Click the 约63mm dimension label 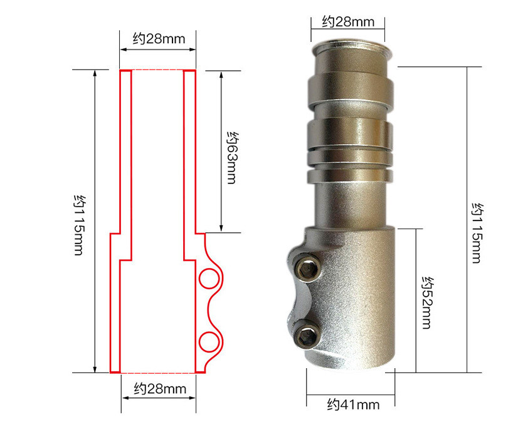click(231, 158)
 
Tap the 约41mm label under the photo click(353, 404)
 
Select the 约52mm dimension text click(428, 302)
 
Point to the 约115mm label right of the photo click(477, 233)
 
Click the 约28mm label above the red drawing click(159, 39)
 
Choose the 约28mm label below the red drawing click(160, 389)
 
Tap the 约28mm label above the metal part click(348, 22)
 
